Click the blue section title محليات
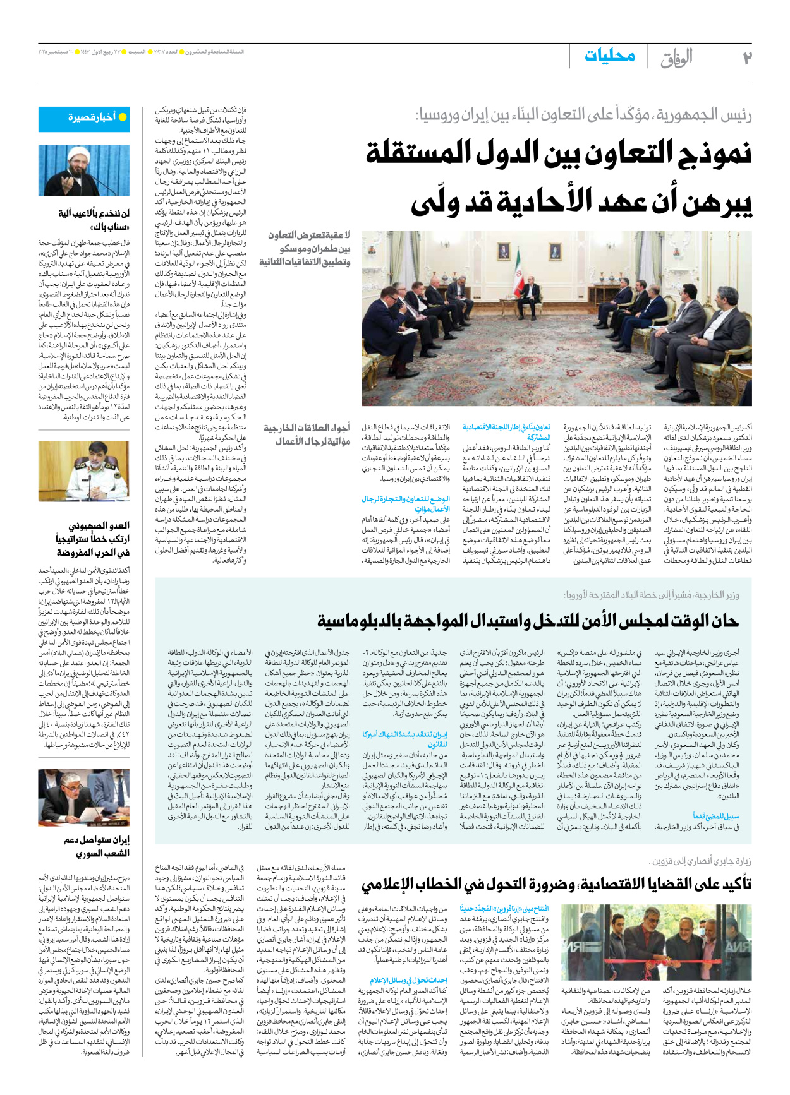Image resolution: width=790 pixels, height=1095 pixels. [x=609, y=56]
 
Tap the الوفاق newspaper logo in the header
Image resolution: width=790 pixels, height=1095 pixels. [x=676, y=58]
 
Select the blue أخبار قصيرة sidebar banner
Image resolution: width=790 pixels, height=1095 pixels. [x=84, y=118]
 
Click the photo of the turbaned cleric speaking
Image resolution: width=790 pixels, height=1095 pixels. [x=84, y=171]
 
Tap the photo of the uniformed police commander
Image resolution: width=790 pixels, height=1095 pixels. [x=84, y=471]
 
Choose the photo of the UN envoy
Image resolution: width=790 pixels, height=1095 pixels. [x=84, y=797]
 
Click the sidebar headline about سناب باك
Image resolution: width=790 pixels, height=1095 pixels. [x=94, y=220]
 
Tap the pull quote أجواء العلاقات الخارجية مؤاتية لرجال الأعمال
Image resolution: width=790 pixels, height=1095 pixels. [x=307, y=434]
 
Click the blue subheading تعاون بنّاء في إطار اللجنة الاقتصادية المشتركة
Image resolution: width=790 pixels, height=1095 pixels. [x=506, y=432]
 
